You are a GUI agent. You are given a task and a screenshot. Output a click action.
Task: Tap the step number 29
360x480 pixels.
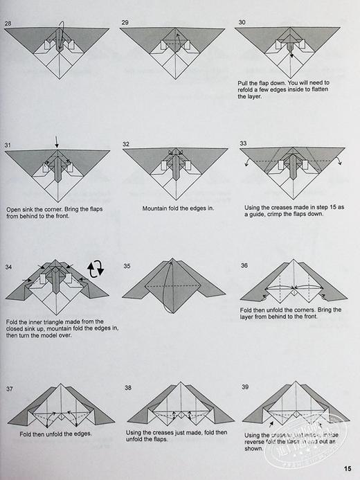click(x=125, y=23)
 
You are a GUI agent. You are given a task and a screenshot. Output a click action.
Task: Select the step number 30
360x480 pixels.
click(x=242, y=23)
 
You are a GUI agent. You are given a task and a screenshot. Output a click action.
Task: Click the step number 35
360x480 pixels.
click(x=127, y=265)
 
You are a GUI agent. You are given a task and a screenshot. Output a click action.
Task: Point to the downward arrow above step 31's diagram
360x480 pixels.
click(x=57, y=141)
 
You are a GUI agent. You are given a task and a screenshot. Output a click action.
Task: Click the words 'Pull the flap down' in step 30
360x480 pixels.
click(x=261, y=82)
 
